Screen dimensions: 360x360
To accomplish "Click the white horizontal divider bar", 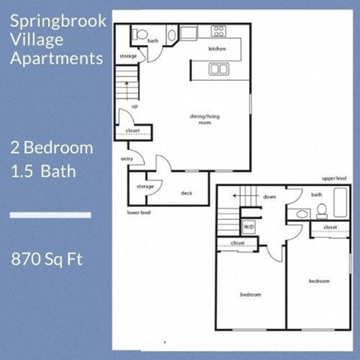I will pyautogui.click(x=50, y=216).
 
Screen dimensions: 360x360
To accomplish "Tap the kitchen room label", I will pyautogui.click(x=217, y=49).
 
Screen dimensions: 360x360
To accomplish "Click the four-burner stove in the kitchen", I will pyautogui.click(x=219, y=31).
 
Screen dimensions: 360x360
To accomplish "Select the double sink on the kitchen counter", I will pyautogui.click(x=219, y=69).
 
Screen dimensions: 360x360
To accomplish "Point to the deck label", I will pyautogui.click(x=187, y=193).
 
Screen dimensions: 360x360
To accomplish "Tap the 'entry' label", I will pyautogui.click(x=126, y=159).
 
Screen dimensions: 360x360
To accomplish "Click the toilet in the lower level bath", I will pyautogui.click(x=139, y=34).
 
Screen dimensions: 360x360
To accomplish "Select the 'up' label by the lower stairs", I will pyautogui.click(x=135, y=106).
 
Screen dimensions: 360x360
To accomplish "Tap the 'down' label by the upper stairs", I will pyautogui.click(x=270, y=197).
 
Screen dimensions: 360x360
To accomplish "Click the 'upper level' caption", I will pyautogui.click(x=334, y=178).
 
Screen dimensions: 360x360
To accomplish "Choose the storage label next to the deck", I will pyautogui.click(x=145, y=186).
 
